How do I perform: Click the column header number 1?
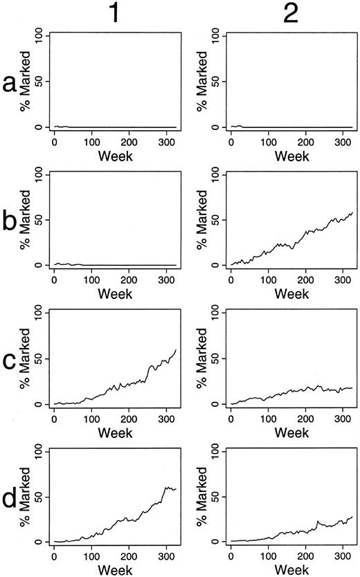(115, 14)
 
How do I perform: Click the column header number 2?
(291, 14)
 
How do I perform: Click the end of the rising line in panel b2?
(352, 212)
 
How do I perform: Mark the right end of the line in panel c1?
(176, 349)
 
